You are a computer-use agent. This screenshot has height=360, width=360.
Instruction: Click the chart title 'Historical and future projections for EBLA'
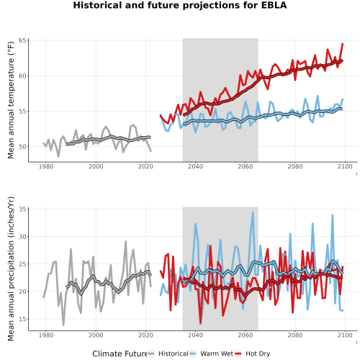(x=180, y=5)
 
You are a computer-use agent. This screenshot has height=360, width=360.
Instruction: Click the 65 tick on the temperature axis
(x=22, y=40)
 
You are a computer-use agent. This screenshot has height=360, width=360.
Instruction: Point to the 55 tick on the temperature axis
(x=22, y=111)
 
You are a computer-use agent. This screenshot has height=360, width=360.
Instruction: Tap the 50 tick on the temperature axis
(x=22, y=146)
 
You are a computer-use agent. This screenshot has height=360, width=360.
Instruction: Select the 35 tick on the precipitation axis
(x=22, y=209)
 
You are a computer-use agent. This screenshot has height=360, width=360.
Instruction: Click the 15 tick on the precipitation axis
(x=22, y=319)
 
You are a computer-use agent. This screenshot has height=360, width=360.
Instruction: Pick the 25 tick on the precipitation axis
(x=22, y=264)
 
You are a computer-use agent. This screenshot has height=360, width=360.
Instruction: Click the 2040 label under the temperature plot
(x=195, y=166)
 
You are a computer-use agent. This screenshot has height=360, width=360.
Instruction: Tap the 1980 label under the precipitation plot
(x=46, y=335)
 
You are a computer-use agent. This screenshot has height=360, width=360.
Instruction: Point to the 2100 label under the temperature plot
(x=345, y=166)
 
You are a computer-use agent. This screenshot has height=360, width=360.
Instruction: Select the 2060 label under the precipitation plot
(x=246, y=335)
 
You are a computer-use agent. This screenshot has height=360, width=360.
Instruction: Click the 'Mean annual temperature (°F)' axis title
(x=11, y=100)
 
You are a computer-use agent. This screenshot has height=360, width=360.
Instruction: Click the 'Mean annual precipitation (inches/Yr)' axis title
(x=11, y=269)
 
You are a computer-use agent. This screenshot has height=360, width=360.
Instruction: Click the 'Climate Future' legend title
(x=120, y=354)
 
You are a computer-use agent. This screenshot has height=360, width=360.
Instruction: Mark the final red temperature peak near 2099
(x=343, y=44)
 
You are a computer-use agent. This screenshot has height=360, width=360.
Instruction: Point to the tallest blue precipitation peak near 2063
(x=253, y=212)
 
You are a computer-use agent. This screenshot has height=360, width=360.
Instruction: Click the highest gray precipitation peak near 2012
(x=125, y=241)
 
